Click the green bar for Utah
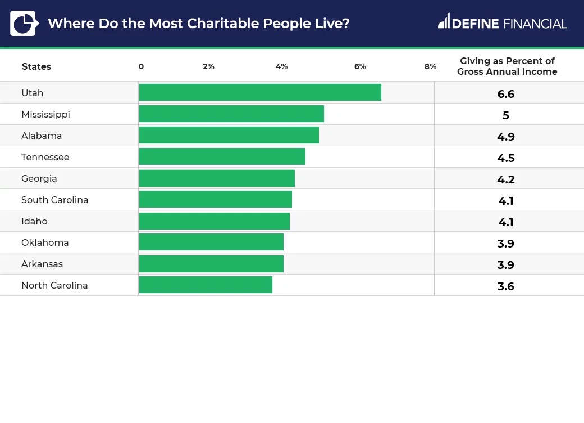pos(260,93)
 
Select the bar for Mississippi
pos(231,114)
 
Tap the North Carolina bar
pos(206,285)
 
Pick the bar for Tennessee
pos(222,157)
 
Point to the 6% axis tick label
pos(360,66)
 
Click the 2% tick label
pos(208,66)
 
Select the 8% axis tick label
pos(430,66)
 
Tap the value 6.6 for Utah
pos(506,94)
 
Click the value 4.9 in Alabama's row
pos(506,137)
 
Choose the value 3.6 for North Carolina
pos(506,286)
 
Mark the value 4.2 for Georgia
pos(506,179)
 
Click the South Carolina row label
pos(55,200)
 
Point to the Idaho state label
pos(34,221)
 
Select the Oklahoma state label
pos(45,242)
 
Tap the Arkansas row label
pos(42,264)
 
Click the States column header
pos(36,66)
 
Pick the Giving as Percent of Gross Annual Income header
pos(507,66)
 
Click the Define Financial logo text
pos(503,23)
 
